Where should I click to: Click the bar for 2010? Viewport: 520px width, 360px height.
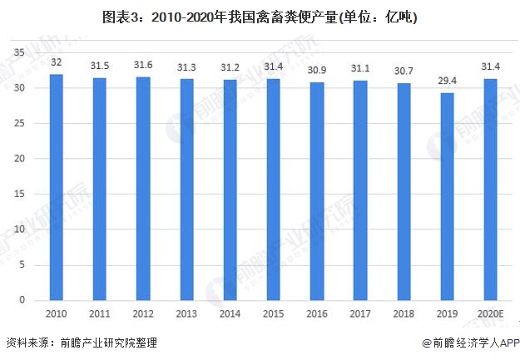point(57,187)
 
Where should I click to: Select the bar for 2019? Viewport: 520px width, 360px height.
point(448,196)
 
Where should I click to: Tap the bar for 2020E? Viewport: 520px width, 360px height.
point(491,190)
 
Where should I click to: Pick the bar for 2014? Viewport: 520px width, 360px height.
point(230,190)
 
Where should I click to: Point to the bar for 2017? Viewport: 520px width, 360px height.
point(360,190)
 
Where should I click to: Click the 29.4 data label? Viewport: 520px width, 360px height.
point(448,82)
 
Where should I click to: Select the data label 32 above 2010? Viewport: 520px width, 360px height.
point(57,63)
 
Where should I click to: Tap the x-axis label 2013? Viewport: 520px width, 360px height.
point(186,313)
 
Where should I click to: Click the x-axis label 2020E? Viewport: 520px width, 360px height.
point(491,313)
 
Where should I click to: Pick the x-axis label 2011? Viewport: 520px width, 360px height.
point(100,313)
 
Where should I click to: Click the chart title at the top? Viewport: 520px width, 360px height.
point(260,17)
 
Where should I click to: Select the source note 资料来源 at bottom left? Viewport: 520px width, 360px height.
point(81,343)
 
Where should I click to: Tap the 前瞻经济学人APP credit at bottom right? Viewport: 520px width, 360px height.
point(470,343)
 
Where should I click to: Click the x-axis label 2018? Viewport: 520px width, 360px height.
point(404,313)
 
